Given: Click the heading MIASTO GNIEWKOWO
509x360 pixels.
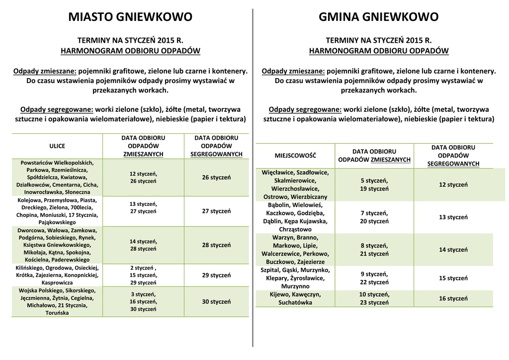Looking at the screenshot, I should (x=130, y=17).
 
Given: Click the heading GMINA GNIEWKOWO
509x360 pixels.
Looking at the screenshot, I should (x=378, y=17).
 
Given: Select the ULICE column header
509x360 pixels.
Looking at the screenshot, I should (x=57, y=146).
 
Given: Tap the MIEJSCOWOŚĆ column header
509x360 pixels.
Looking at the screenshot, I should (x=295, y=156).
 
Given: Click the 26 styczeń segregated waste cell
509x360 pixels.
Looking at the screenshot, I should (x=216, y=178).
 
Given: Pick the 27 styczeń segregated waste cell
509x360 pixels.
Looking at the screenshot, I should (x=216, y=211).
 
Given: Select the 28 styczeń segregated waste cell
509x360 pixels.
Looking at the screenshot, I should (x=216, y=245).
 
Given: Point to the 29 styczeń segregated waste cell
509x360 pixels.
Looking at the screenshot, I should (x=216, y=275).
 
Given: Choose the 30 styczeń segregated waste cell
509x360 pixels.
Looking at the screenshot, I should (x=216, y=301).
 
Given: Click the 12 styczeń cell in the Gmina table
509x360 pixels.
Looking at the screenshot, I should (x=453, y=184).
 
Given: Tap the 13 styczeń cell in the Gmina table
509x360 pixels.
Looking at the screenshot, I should (x=453, y=217).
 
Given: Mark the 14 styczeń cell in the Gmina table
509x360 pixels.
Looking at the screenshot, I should (x=453, y=250).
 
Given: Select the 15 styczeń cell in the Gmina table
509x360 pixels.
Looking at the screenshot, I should (x=453, y=278).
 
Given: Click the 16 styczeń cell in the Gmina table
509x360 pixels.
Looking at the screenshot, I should (x=453, y=298).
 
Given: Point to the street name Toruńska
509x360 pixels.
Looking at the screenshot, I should (x=57, y=313).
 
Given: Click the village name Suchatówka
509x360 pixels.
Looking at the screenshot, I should (x=295, y=302).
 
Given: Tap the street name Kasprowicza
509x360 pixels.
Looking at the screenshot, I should (x=57, y=282).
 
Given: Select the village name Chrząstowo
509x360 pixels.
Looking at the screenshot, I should (x=296, y=229).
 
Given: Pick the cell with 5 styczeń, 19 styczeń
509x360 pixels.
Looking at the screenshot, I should (x=374, y=184).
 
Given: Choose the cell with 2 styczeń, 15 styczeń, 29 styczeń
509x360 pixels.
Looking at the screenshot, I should (x=143, y=275).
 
